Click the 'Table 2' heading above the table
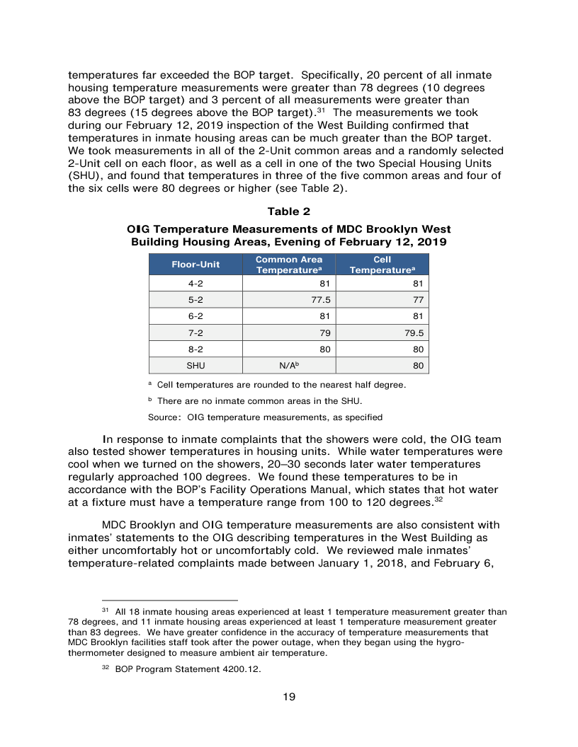pyautogui.click(x=288, y=212)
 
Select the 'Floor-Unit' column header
pyautogui.click(x=195, y=265)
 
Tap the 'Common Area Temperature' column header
pyautogui.click(x=288, y=265)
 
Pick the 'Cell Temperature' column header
pyautogui.click(x=382, y=265)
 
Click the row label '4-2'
pyautogui.click(x=195, y=284)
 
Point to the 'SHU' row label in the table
pyautogui.click(x=195, y=366)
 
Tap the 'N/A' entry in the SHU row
pyautogui.click(x=288, y=366)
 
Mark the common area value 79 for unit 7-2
pyautogui.click(x=324, y=332)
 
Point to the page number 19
pyautogui.click(x=289, y=697)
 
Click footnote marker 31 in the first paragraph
pyautogui.click(x=320, y=110)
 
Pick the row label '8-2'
pyautogui.click(x=195, y=349)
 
